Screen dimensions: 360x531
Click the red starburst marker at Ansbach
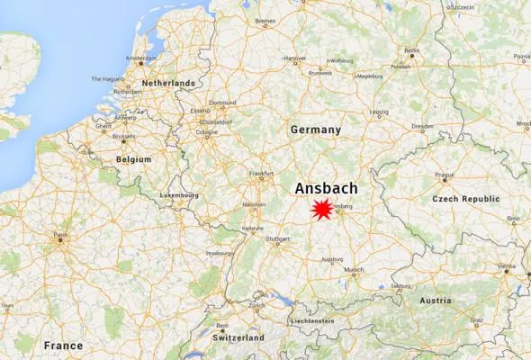320,210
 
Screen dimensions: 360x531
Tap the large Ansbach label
326,188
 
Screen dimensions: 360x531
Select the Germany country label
316,130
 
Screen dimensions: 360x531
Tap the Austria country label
436,301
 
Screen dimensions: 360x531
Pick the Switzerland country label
238,337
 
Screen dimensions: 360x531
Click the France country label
62,346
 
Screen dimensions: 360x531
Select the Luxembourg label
178,194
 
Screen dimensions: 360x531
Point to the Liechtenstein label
313,321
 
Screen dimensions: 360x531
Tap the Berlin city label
412,50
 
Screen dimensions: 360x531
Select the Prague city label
445,175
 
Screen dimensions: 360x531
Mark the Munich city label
355,269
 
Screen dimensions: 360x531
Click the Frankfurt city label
261,173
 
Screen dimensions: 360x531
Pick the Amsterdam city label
141,59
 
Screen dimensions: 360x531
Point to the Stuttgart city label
277,239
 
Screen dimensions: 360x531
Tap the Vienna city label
507,266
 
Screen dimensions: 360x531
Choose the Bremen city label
265,20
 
